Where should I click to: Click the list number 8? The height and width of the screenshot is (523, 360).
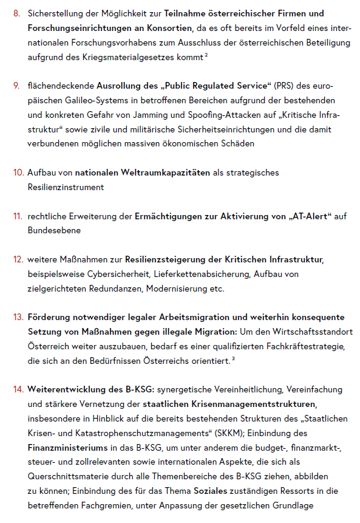click(x=16, y=13)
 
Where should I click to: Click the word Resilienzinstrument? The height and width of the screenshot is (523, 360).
click(x=65, y=188)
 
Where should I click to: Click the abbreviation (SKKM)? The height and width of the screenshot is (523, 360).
click(x=226, y=433)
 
